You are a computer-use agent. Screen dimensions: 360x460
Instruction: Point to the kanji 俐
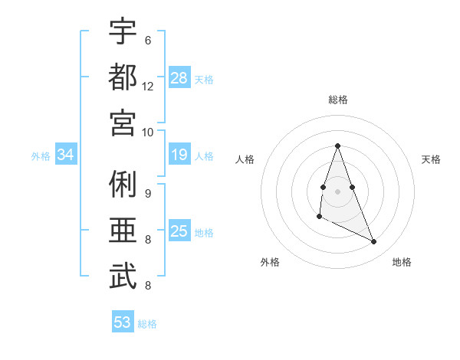[123, 185]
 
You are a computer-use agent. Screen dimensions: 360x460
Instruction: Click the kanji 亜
[123, 230]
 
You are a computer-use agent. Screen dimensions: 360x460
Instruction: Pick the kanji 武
[123, 276]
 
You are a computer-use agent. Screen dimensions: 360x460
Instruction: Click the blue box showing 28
[179, 78]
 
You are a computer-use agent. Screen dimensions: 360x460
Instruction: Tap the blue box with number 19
[179, 155]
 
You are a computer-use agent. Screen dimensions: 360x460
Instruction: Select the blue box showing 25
[179, 231]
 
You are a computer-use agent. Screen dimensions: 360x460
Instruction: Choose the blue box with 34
[66, 155]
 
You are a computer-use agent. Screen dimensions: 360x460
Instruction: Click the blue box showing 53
[123, 322]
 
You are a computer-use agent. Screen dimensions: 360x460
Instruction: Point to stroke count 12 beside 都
[148, 86]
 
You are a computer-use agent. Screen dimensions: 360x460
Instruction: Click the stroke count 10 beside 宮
[148, 131]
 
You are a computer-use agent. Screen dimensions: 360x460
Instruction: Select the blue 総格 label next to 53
[147, 324]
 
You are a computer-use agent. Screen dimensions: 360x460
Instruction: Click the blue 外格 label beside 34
[41, 156]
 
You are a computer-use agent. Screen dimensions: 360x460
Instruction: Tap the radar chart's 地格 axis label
[402, 263]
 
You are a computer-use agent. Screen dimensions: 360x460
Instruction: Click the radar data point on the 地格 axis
[374, 242]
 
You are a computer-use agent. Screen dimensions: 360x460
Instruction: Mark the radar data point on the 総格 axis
[338, 146]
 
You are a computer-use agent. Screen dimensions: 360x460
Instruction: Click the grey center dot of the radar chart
[338, 191]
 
